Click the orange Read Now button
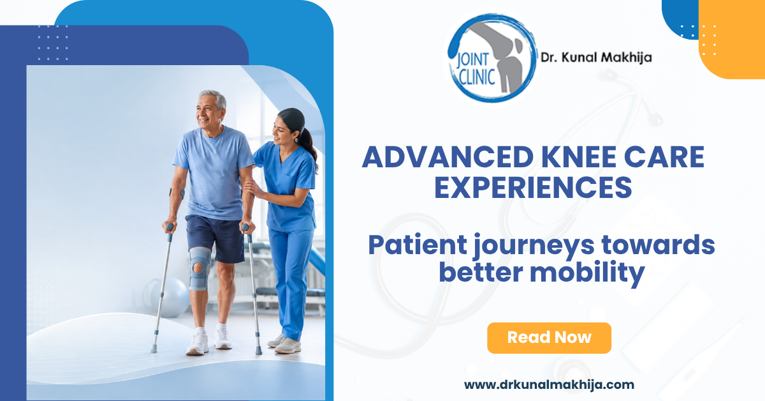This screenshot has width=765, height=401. [549, 338]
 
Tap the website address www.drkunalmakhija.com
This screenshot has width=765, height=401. [549, 384]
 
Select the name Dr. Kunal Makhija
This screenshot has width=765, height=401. [596, 57]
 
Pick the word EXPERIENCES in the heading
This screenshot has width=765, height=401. [533, 187]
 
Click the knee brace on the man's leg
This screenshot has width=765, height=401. [200, 269]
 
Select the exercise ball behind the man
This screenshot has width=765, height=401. [171, 297]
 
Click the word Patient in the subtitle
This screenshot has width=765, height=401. [418, 245]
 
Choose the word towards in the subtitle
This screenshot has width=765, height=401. [658, 245]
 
